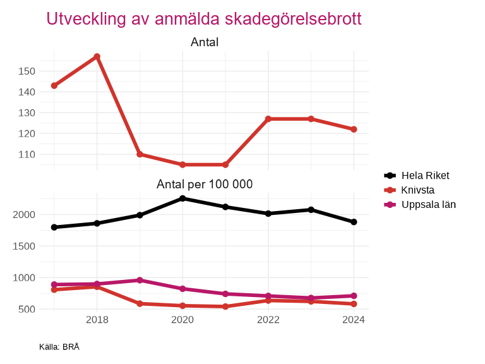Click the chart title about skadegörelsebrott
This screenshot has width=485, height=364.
coord(204,19)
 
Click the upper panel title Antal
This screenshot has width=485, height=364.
coord(205,42)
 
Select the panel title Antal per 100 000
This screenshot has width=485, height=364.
coord(205,185)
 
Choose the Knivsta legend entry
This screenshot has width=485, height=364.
coord(417,190)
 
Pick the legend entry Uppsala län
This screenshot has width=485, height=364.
coord(428,205)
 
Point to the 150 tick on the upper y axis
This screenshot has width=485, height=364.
coord(26,71)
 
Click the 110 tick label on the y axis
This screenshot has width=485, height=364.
coord(26,154)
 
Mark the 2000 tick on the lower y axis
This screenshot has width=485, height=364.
coord(23,215)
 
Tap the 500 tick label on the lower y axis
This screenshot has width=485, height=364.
coord(26,309)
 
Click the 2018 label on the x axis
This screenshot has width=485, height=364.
coord(97,320)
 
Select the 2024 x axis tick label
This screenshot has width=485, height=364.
coord(354,320)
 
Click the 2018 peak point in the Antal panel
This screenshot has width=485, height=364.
coord(97,57)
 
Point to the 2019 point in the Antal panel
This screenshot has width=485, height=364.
coord(140,154)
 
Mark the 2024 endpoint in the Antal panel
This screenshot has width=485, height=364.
coord(354,130)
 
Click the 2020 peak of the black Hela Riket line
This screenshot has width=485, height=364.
coord(183,198)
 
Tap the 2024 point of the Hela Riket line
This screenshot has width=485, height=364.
coord(354,222)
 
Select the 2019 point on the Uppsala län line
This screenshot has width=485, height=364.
coord(140,280)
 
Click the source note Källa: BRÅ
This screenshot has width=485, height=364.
coord(59,347)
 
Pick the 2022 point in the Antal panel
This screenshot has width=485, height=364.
coord(268,119)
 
